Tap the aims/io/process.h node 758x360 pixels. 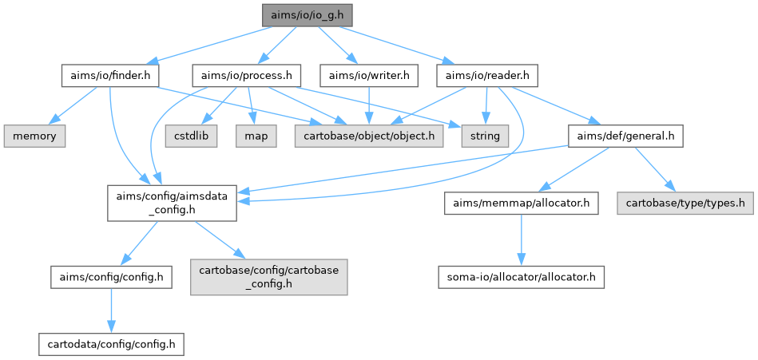245,76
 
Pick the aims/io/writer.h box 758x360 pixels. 369,76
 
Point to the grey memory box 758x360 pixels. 34,136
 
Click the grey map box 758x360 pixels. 255,136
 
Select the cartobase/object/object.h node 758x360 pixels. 368,136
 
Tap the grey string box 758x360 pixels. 484,136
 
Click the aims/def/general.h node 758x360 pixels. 625,136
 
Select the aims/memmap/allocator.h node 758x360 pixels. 521,204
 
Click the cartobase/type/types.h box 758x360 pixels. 684,204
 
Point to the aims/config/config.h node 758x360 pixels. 111,278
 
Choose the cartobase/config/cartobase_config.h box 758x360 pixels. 269,278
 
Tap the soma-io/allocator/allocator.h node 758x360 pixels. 521,278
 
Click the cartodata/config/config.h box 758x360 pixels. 111,344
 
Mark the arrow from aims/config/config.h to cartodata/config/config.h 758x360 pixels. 111,311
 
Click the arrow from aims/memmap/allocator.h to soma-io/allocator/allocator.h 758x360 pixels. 521,241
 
